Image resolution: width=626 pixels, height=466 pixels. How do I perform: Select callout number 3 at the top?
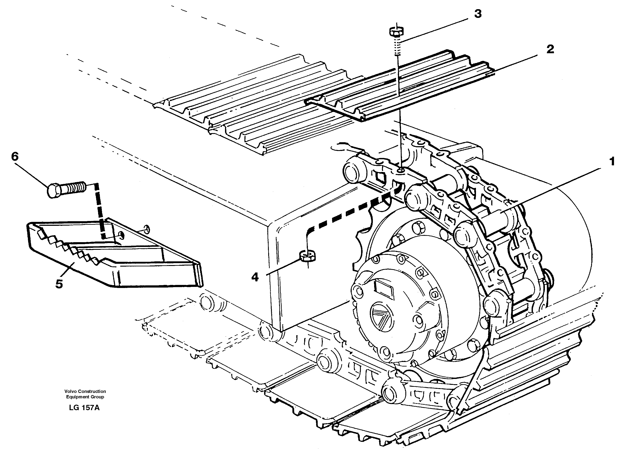(x=478, y=14)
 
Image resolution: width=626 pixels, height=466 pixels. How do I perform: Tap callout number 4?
(x=255, y=277)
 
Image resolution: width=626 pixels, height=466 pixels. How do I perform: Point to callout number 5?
(x=59, y=284)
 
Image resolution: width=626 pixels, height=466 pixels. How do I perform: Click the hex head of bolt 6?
(x=54, y=190)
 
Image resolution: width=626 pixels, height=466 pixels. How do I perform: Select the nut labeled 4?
(x=307, y=256)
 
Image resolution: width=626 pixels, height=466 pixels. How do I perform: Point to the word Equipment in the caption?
(x=76, y=397)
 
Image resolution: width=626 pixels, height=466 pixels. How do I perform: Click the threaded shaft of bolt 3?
(x=397, y=46)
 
